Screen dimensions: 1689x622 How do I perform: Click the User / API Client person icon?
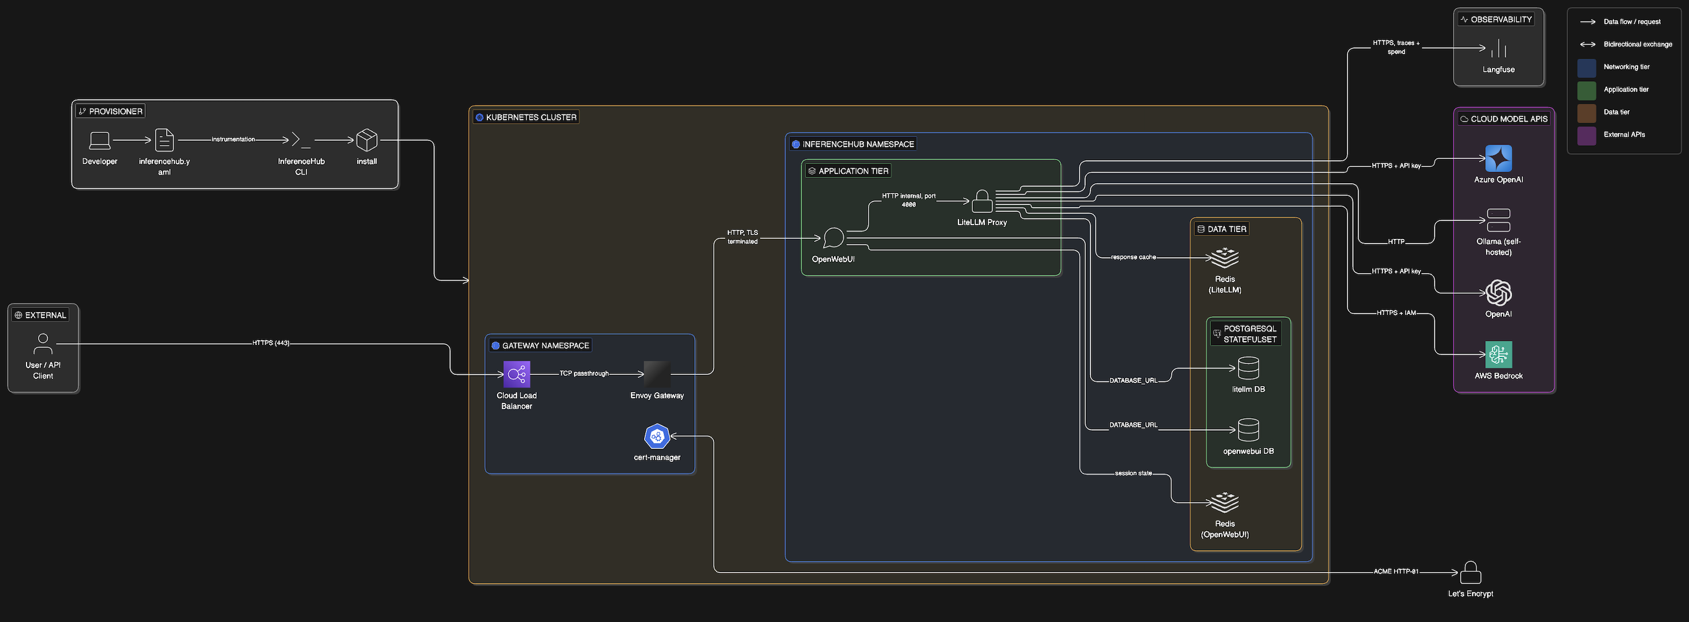tap(43, 343)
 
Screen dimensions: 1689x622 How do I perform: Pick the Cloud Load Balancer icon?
tap(517, 374)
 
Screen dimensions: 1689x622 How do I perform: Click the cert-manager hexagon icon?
tap(657, 437)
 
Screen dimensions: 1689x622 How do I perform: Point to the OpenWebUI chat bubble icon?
tap(834, 238)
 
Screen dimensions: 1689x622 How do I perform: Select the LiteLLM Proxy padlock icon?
tap(982, 201)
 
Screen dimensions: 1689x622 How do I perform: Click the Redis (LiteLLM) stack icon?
tap(1224, 257)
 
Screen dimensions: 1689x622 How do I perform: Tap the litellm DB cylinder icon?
tap(1248, 369)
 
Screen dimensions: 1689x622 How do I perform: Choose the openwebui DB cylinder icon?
tap(1248, 431)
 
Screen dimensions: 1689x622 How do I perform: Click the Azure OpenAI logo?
tap(1498, 158)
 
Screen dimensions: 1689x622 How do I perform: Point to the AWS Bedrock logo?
tap(1498, 355)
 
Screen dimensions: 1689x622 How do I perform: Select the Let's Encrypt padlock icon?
tap(1471, 572)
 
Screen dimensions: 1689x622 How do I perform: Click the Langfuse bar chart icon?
tap(1498, 48)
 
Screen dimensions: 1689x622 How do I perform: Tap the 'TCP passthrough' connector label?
tap(584, 374)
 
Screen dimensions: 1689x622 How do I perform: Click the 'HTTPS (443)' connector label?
tap(271, 343)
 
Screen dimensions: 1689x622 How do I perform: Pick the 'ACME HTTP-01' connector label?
tap(1396, 571)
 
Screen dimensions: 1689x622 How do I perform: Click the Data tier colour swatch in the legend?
tap(1586, 113)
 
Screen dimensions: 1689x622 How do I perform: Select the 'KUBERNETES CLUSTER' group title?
tap(531, 117)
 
